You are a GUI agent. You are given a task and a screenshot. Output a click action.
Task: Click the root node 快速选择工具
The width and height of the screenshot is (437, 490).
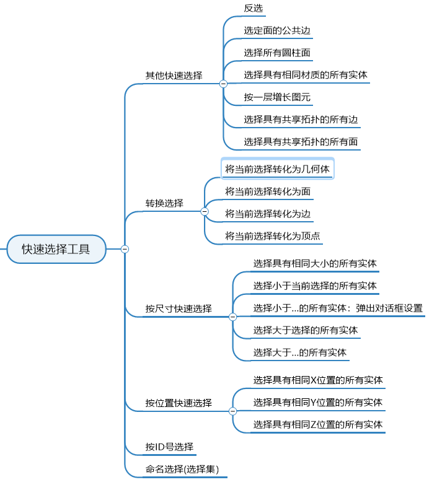tap(56, 249)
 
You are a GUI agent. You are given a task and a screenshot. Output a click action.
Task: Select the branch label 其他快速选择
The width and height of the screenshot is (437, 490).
tap(174, 76)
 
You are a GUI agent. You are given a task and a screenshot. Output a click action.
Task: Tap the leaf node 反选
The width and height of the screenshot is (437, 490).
tap(254, 8)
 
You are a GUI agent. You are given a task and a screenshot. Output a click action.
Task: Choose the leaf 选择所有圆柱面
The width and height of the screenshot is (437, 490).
tap(276, 53)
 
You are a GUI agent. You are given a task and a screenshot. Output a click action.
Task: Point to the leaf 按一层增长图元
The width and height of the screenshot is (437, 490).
tap(276, 97)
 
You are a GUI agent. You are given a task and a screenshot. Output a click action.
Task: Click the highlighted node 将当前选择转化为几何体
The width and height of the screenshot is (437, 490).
tap(278, 169)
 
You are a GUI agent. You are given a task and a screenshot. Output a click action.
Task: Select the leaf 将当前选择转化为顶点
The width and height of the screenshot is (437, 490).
tap(273, 236)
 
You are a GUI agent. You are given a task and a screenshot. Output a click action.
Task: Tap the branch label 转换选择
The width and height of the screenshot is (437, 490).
tap(164, 203)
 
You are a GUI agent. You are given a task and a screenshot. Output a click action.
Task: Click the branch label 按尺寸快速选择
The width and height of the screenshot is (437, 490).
tap(179, 308)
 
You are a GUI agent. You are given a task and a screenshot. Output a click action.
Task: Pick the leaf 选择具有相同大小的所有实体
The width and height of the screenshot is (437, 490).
tap(315, 263)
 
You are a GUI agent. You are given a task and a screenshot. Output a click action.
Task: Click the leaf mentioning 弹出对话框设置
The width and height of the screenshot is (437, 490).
tap(338, 308)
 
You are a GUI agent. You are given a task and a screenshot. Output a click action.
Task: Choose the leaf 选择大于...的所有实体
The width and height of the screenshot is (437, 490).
tap(299, 352)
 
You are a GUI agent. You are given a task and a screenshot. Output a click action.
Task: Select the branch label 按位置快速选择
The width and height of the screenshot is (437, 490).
tap(179, 403)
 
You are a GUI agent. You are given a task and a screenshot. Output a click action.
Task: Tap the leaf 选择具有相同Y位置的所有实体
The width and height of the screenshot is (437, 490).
tap(317, 402)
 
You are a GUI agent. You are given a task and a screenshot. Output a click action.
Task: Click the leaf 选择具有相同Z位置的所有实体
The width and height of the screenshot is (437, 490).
tap(317, 424)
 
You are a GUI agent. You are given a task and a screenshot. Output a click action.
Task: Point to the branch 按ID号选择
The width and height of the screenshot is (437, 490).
tap(169, 447)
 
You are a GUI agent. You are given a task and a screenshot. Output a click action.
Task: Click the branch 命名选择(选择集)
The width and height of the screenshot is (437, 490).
tap(182, 469)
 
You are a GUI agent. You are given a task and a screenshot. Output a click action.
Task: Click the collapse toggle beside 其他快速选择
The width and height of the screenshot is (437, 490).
tap(223, 84)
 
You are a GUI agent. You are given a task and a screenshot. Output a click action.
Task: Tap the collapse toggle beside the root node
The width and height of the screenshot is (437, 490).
tap(125, 249)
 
